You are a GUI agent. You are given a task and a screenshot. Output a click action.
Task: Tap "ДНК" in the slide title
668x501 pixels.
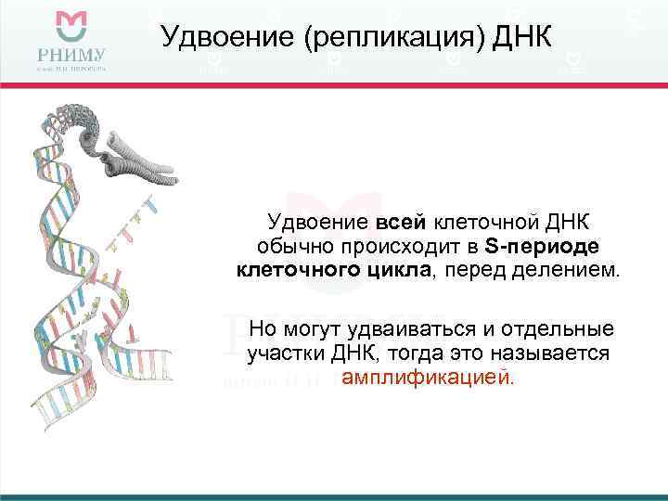520,38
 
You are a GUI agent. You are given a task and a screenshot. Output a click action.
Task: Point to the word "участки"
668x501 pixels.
286,354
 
